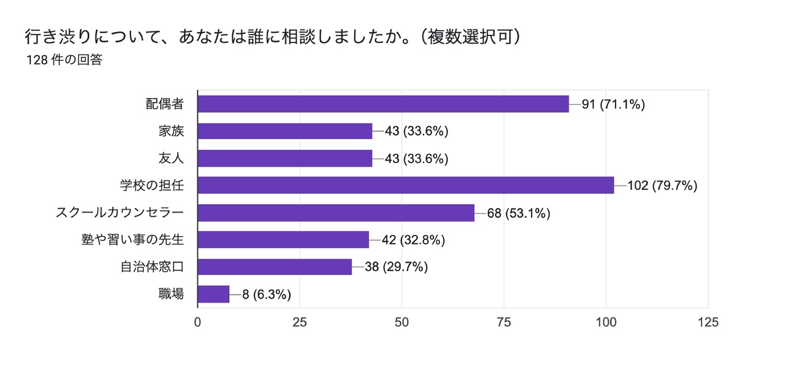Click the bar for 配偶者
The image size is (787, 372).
(x=383, y=104)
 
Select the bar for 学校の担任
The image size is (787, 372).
(x=406, y=185)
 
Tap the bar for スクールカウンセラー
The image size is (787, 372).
(x=336, y=213)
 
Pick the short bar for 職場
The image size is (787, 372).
(x=213, y=294)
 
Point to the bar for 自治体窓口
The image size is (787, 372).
(x=275, y=267)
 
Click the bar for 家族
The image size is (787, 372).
(x=285, y=131)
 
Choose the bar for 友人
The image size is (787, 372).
(x=285, y=158)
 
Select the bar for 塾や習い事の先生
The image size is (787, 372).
(x=283, y=240)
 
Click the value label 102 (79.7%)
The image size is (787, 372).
(x=662, y=186)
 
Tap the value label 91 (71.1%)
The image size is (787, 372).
(x=613, y=105)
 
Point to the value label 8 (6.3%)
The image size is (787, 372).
(x=266, y=295)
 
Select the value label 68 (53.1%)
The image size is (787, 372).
(x=518, y=213)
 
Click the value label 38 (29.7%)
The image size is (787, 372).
(x=397, y=267)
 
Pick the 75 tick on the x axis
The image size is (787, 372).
(x=504, y=322)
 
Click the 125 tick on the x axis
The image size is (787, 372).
(x=708, y=322)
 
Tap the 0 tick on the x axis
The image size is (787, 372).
(x=197, y=322)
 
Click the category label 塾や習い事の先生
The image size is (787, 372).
(x=132, y=240)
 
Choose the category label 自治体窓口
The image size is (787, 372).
(x=152, y=267)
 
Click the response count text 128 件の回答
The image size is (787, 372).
(x=64, y=60)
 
